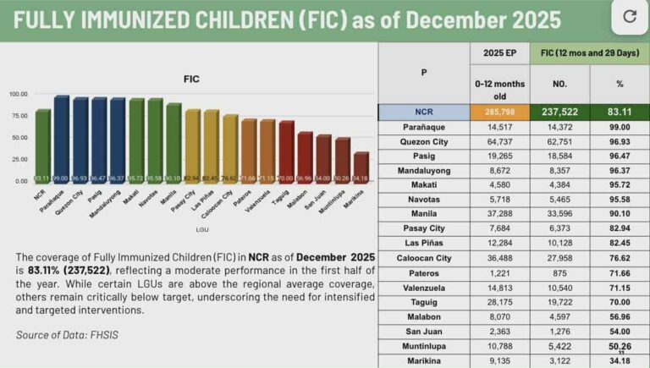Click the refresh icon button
point(628,16)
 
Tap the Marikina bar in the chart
point(361,167)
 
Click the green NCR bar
point(43,145)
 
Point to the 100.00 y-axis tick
point(18,94)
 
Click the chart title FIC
point(191,79)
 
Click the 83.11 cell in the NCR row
point(620,112)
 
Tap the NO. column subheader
point(560,84)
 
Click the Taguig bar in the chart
point(286,151)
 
